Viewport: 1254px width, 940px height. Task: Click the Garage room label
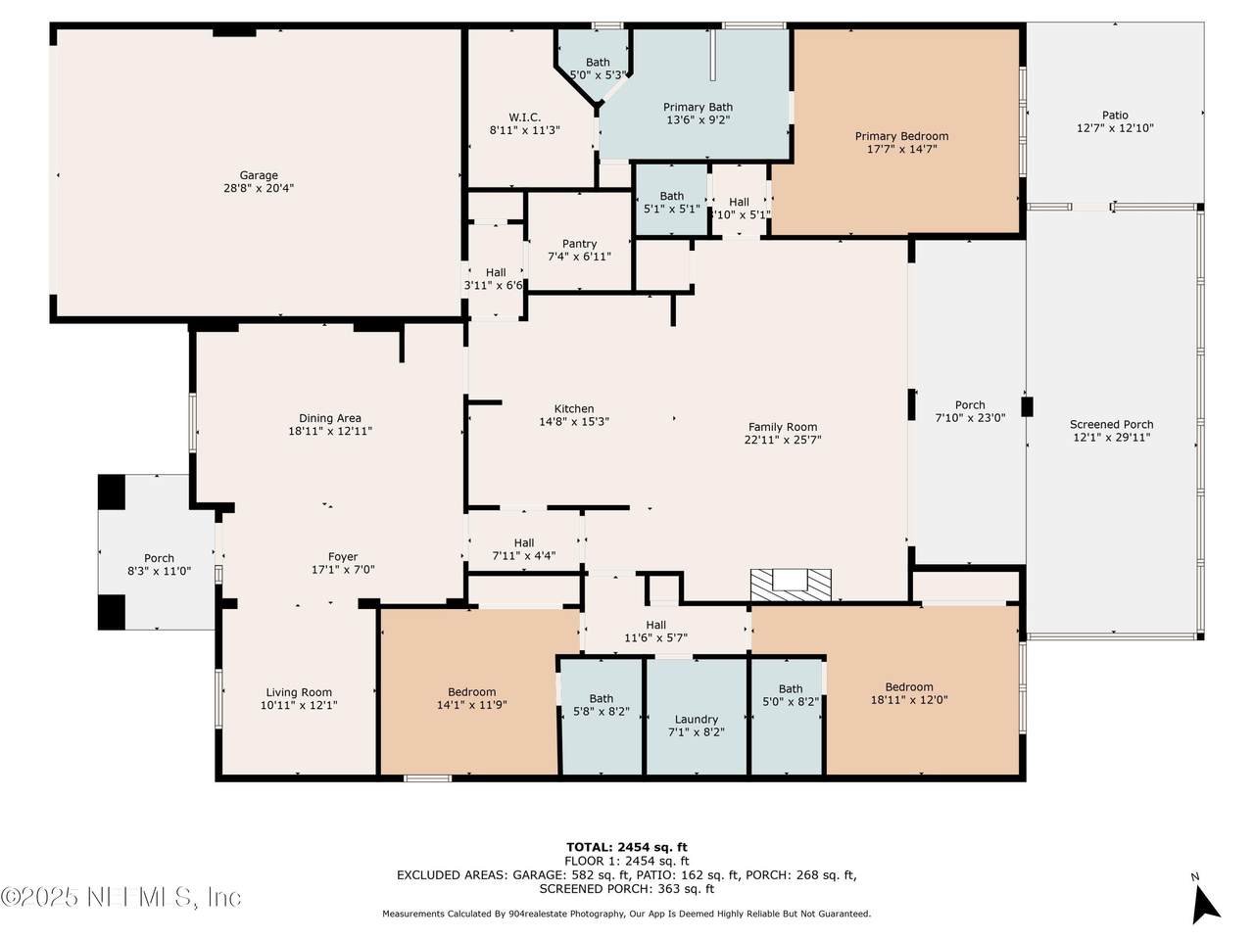point(259,175)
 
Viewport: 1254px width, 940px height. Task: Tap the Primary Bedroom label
point(901,136)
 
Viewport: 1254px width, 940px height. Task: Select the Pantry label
point(579,244)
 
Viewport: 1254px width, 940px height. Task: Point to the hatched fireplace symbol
point(791,585)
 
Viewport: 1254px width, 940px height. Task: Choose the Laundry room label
point(696,719)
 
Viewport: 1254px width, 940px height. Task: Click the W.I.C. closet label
point(524,117)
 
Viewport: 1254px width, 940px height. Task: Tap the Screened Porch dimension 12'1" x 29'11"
point(1112,438)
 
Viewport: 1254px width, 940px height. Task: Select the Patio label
point(1115,116)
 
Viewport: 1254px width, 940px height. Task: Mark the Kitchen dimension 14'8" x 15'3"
point(574,422)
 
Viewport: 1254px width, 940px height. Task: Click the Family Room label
point(783,427)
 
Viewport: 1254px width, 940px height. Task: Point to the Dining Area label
point(330,418)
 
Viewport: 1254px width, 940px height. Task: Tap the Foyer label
point(343,556)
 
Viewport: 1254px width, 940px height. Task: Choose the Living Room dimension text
point(299,705)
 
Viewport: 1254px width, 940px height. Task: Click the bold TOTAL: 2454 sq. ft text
point(627,847)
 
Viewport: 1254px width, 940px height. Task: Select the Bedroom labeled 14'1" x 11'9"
point(471,692)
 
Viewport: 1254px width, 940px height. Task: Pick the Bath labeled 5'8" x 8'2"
point(601,698)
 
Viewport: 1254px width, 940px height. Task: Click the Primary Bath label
point(698,108)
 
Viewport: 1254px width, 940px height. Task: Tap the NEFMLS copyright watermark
point(121,898)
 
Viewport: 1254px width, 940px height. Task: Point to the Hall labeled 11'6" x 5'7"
point(655,625)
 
